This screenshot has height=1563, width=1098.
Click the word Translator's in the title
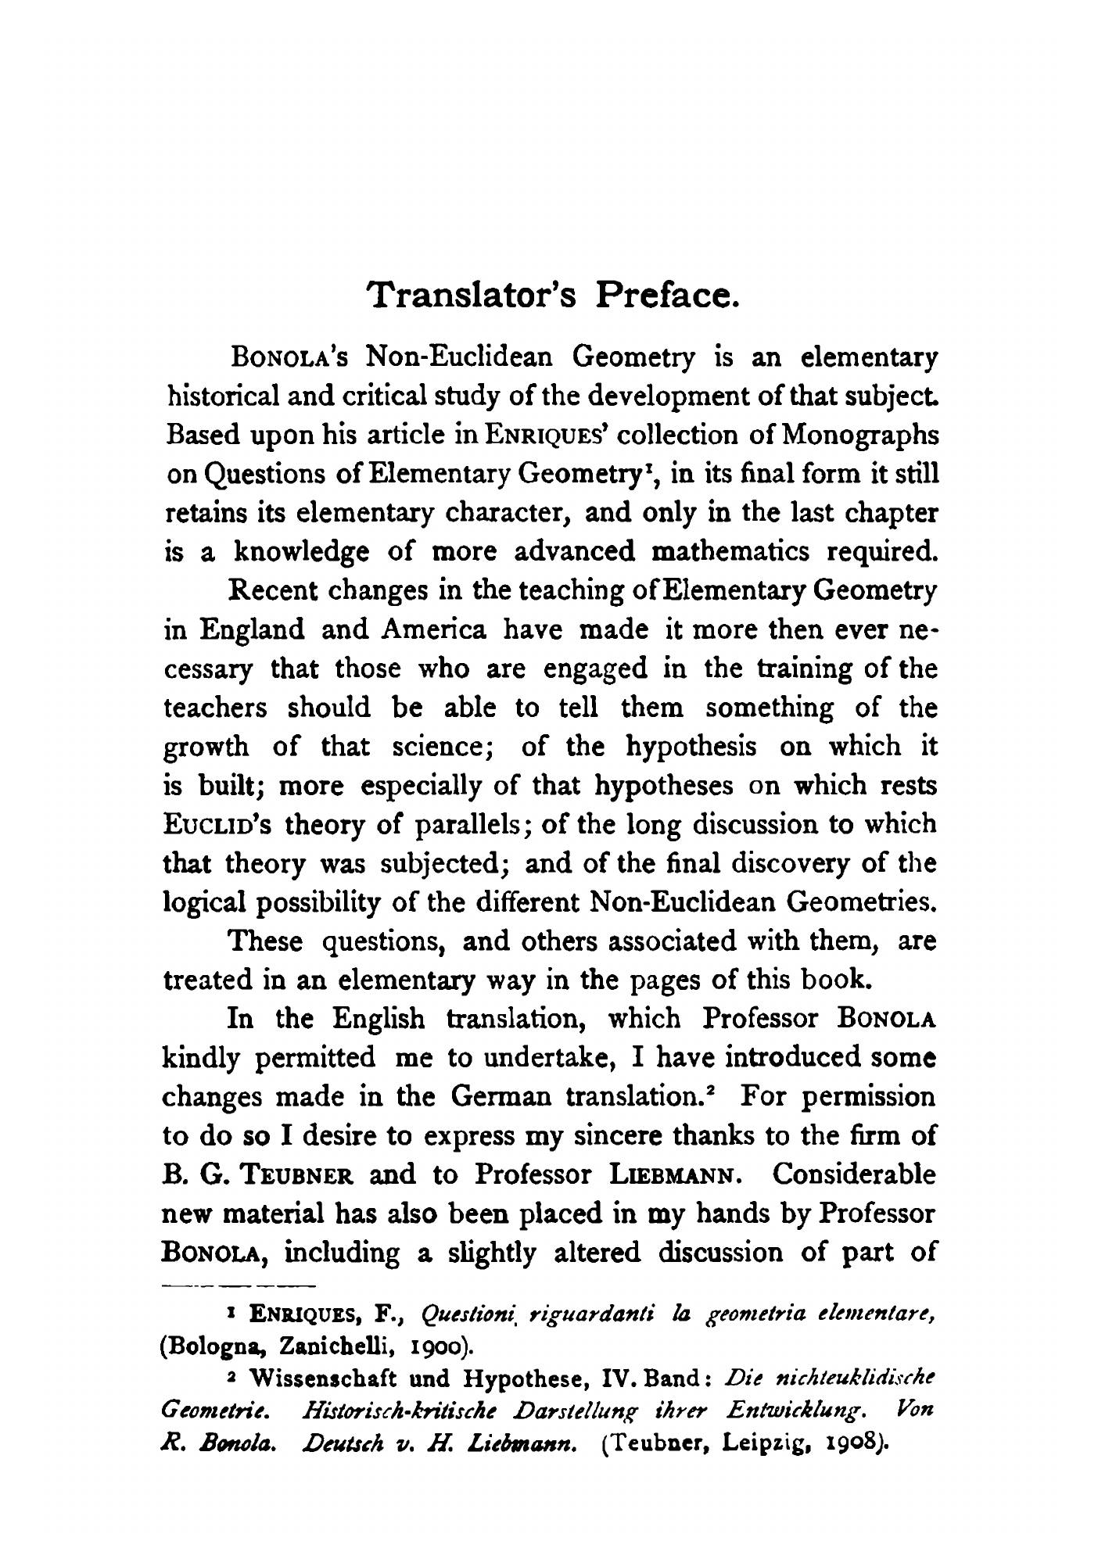(x=474, y=296)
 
